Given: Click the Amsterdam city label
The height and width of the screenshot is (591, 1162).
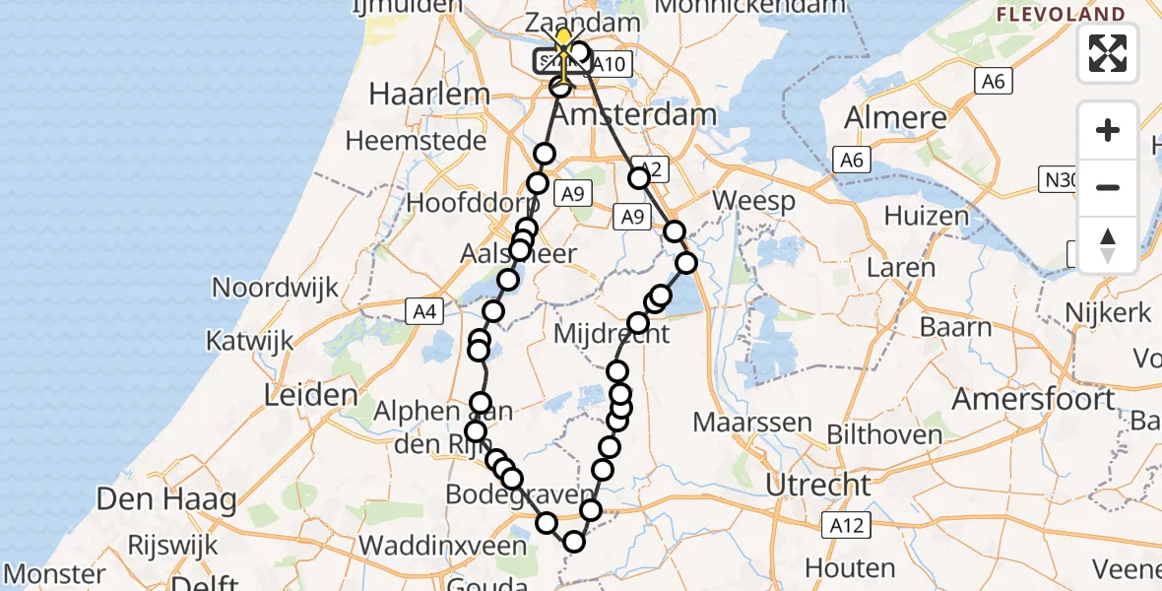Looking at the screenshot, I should click(x=633, y=114).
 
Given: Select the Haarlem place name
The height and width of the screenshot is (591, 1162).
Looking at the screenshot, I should click(x=428, y=95).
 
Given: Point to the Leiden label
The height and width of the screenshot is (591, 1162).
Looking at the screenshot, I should click(x=311, y=396).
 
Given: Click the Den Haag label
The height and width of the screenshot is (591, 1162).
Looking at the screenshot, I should click(x=166, y=499).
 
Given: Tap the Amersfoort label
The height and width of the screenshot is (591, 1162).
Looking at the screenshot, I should click(x=1034, y=400).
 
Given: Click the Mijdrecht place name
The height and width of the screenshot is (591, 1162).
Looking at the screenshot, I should click(x=612, y=333).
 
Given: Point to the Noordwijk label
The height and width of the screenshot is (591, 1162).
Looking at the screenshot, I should click(x=276, y=288).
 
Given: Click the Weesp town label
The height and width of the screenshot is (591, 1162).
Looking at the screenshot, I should click(x=753, y=201).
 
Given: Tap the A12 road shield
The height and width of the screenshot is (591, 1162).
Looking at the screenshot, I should click(x=846, y=525).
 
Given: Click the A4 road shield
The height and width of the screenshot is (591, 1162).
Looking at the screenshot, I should click(x=424, y=312).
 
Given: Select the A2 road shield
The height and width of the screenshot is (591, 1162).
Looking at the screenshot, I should click(x=648, y=169).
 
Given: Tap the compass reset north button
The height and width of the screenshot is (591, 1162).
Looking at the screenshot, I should click(x=1108, y=244).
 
